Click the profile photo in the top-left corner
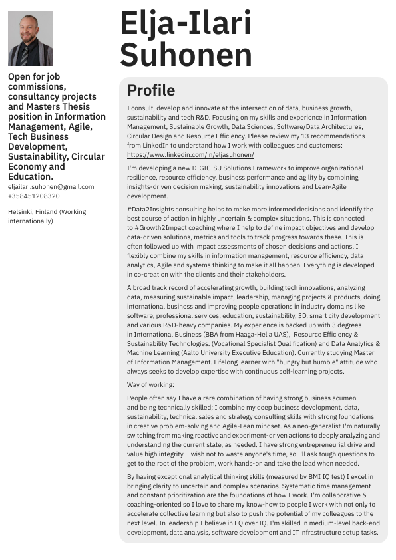(x=30, y=38)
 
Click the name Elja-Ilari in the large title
(x=186, y=24)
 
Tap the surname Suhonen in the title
(x=186, y=54)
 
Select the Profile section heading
(x=151, y=91)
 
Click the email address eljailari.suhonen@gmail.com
(x=51, y=187)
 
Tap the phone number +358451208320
(x=33, y=196)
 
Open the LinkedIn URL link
(x=190, y=154)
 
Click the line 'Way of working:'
(x=150, y=385)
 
